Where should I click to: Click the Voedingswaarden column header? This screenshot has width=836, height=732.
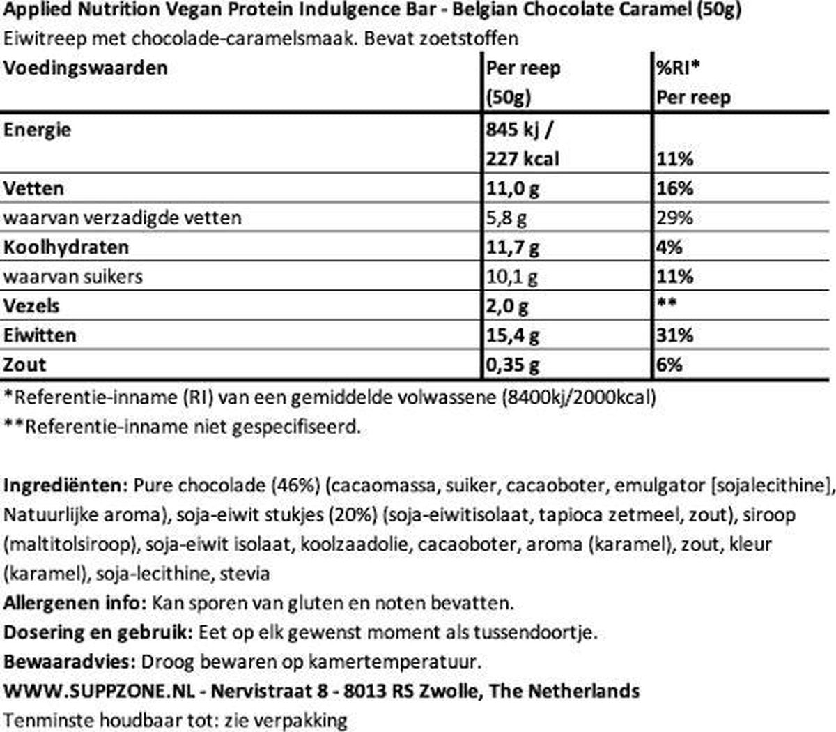point(86,68)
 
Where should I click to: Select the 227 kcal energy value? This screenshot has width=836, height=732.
point(522,159)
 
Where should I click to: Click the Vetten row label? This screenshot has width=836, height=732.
point(33,188)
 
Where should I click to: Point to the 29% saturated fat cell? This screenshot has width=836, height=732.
point(674,218)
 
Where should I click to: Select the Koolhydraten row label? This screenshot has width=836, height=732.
point(66,247)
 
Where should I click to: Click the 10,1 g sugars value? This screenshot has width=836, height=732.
point(512,277)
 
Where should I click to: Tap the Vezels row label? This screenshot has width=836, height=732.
point(31,306)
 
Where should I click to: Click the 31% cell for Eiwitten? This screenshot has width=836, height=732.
point(674,335)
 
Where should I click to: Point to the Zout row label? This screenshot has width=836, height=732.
point(25,365)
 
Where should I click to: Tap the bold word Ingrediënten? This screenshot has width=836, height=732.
point(65,485)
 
